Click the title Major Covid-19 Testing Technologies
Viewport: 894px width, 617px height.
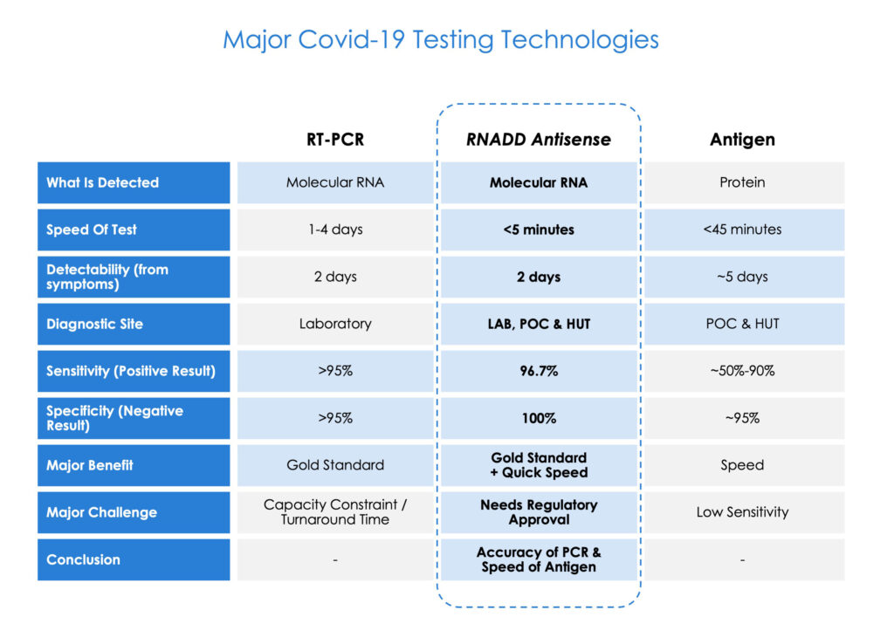point(440,40)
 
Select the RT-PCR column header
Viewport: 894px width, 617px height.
point(335,140)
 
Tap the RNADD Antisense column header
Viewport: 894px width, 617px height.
point(539,140)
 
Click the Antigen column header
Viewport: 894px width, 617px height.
point(742,140)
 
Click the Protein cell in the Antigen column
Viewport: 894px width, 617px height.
point(742,182)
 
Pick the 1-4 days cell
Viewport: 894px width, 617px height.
point(335,230)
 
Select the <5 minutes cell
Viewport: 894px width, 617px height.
point(539,230)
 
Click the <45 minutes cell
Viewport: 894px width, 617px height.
point(742,230)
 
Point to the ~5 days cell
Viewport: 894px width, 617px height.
point(742,277)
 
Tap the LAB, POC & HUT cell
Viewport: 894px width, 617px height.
point(539,324)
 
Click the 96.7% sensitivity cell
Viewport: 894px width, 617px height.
point(539,372)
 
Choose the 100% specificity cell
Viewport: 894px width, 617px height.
point(539,419)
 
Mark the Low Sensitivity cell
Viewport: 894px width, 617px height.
point(742,512)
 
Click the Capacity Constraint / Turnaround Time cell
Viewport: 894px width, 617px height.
point(335,512)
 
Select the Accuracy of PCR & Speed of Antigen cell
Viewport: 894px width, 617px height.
point(539,559)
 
